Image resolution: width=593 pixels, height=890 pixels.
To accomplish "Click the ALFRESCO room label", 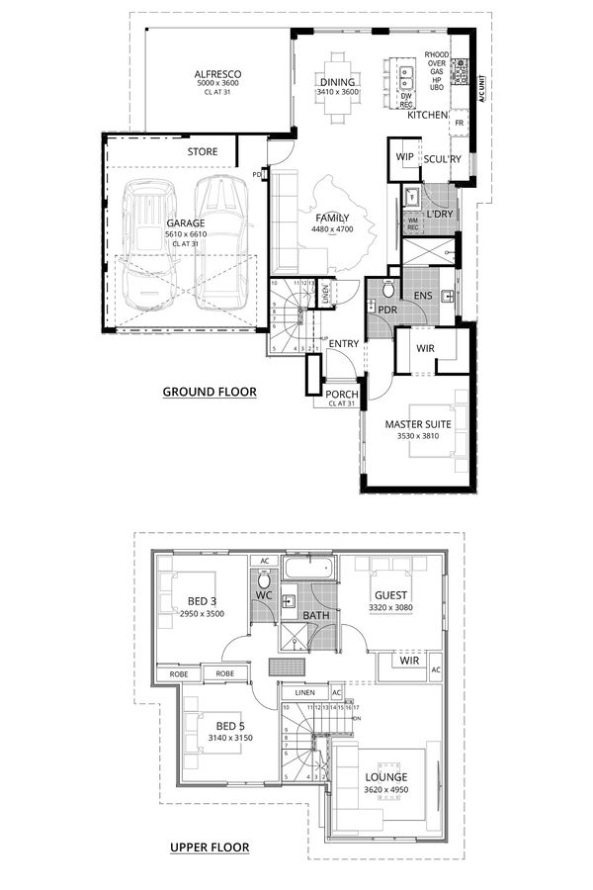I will pos(218,74).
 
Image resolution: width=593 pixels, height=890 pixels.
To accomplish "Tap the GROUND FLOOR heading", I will pos(209,392).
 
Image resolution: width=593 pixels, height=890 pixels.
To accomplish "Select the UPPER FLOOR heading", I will pos(209,846).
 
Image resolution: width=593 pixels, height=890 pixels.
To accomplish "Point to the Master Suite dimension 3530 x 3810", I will pos(418,436).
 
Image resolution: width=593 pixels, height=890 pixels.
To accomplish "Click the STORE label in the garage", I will pos(203,152).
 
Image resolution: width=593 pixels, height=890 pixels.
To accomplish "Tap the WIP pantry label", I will pos(404,156).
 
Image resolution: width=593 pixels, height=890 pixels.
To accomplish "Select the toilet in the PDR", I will pos(388,291).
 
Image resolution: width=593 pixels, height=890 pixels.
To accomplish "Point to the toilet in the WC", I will pos(264,580).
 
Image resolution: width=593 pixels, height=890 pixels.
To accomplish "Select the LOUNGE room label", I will pos(385,778).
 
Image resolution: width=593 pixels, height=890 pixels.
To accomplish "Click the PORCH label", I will pos(342,395).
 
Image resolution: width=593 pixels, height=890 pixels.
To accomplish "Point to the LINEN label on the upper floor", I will pos(304,692).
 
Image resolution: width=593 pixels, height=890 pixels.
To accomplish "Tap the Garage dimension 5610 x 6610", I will pos(186,234).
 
